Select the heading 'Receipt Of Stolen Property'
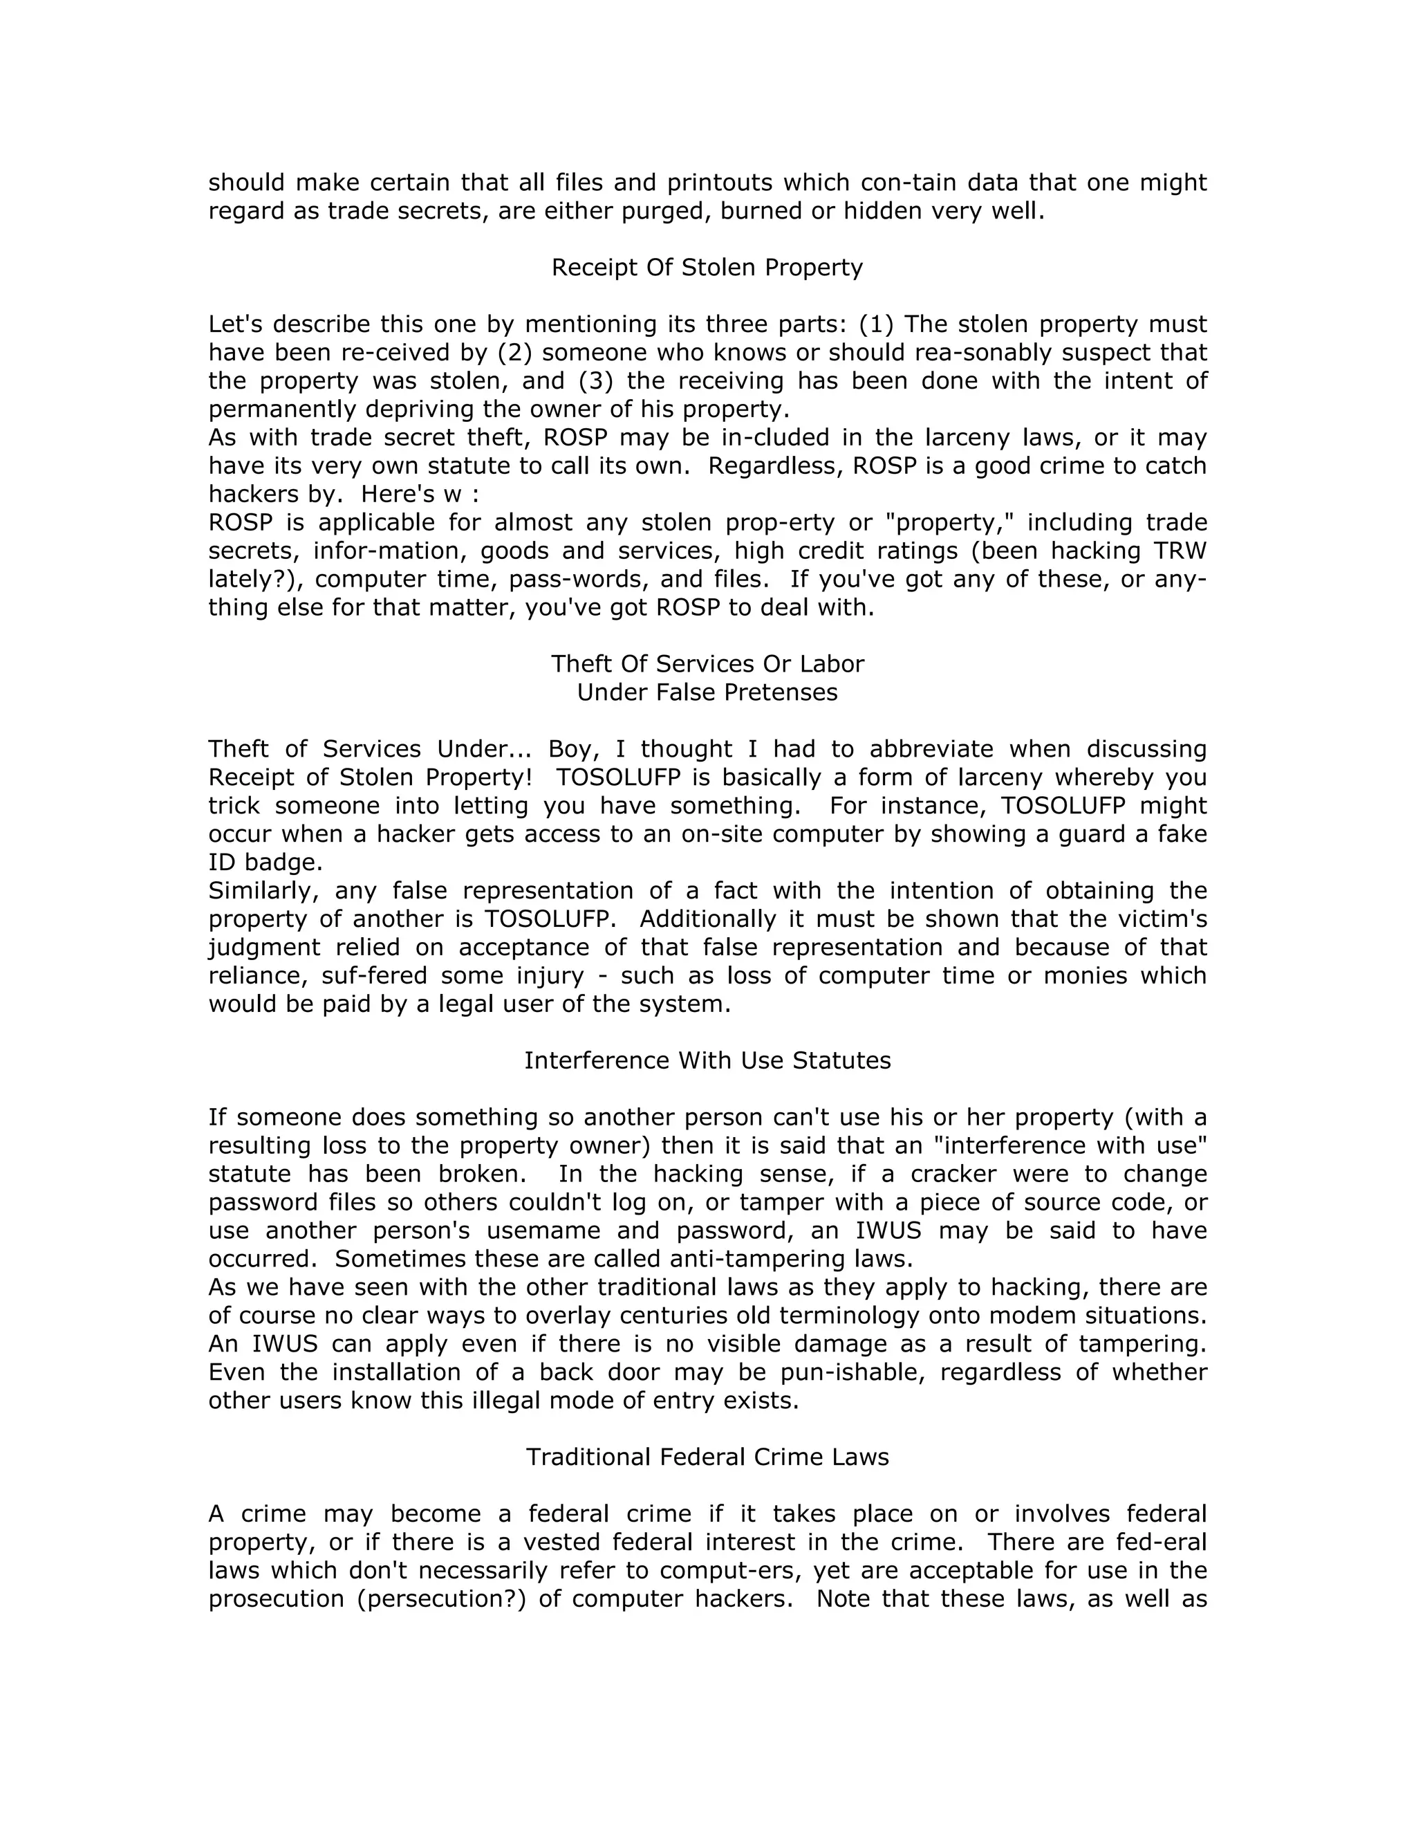[x=707, y=268]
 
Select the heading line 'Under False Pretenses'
[x=707, y=692]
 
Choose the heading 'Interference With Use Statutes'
[x=707, y=1061]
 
